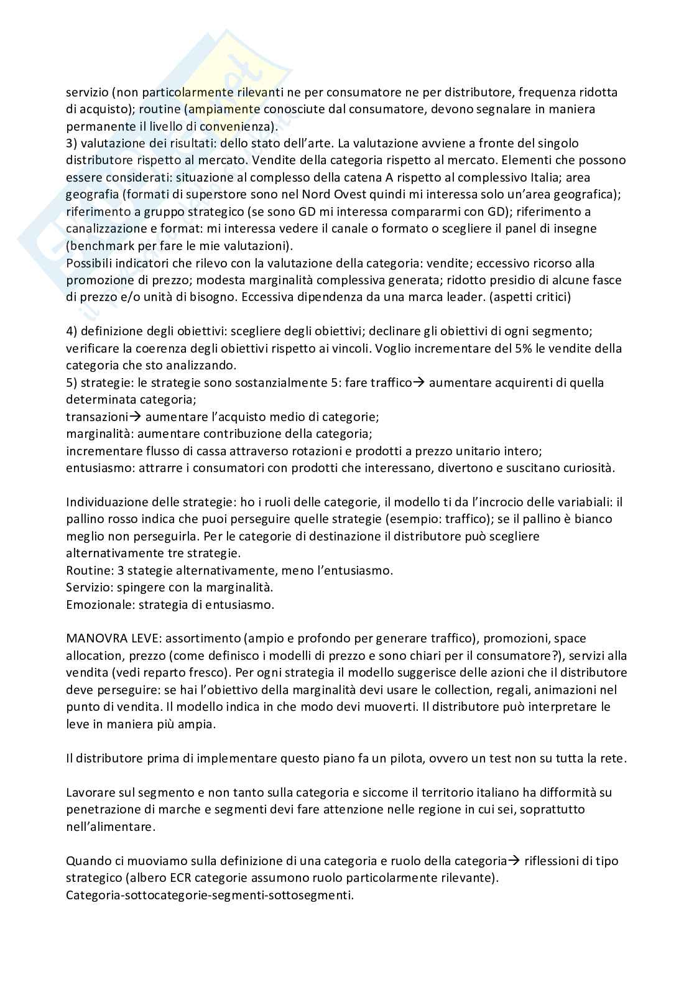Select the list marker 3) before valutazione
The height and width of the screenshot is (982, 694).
(72, 143)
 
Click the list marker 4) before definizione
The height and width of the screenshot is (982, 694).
(72, 331)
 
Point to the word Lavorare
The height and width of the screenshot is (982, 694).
(90, 792)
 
